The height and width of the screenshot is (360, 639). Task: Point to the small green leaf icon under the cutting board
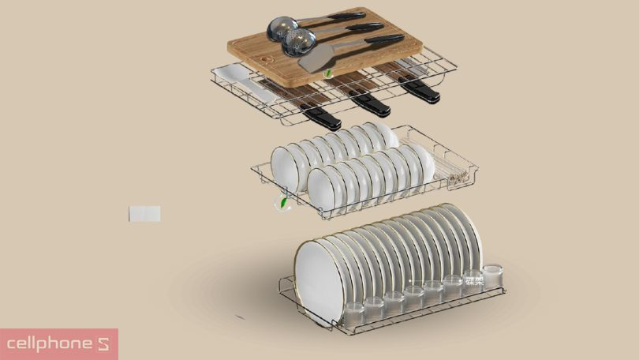(329, 73)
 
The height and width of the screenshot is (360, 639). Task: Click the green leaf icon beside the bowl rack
(282, 204)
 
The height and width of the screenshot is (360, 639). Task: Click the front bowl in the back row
(284, 164)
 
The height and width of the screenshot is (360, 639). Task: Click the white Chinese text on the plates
(473, 279)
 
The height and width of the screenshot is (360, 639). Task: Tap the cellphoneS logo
(59, 344)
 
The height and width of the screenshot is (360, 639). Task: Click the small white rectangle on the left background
(144, 213)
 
